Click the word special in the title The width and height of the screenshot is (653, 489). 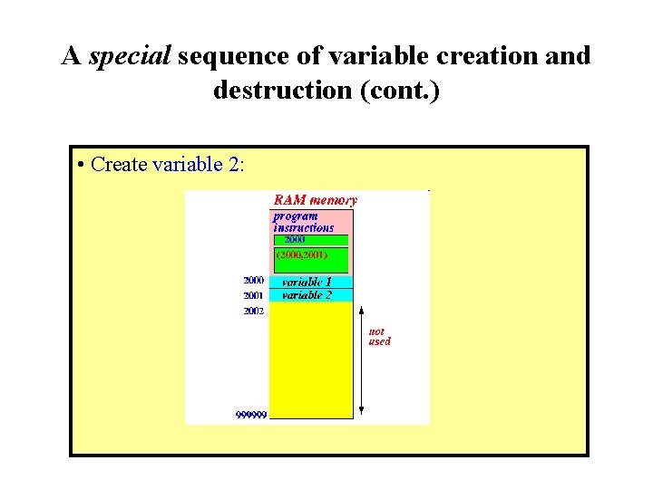coord(130,56)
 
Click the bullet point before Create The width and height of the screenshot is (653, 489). coord(82,165)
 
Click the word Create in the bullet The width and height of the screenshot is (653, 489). coord(121,165)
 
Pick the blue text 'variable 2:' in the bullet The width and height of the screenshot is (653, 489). coord(199,165)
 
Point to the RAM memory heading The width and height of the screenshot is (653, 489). coord(315,200)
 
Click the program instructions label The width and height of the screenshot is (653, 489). coord(304,222)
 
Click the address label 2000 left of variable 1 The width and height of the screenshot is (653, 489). coord(253,281)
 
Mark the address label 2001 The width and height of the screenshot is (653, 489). coord(253,295)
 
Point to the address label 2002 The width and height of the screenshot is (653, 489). coord(253,311)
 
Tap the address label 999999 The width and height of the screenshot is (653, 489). coord(251,415)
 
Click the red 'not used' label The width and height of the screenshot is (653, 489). coord(379,337)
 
